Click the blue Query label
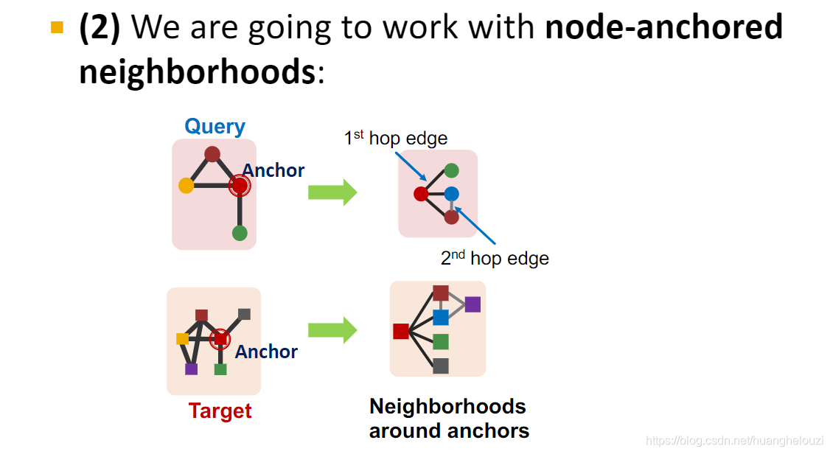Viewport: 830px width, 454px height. point(215,126)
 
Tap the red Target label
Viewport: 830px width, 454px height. point(220,411)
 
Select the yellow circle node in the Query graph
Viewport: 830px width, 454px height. point(186,185)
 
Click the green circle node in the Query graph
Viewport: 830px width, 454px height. point(240,233)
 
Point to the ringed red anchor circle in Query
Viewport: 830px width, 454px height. point(240,186)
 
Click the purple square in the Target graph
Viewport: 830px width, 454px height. point(191,369)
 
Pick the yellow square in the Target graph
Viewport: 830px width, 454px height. point(182,338)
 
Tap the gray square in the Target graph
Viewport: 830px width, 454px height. point(244,314)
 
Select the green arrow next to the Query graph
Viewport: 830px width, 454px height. point(332,192)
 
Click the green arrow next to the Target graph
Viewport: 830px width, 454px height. point(332,329)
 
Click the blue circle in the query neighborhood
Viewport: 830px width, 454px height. point(451,194)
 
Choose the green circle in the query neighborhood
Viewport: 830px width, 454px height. point(451,171)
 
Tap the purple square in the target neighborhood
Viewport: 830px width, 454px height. point(472,304)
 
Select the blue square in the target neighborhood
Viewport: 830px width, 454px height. point(441,317)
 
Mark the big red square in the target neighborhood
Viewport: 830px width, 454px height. point(401,331)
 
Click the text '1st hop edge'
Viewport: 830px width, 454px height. point(395,138)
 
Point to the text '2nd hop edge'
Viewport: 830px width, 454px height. point(495,258)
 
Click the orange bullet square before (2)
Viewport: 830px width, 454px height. point(57,28)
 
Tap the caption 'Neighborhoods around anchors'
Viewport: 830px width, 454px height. point(448,418)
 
